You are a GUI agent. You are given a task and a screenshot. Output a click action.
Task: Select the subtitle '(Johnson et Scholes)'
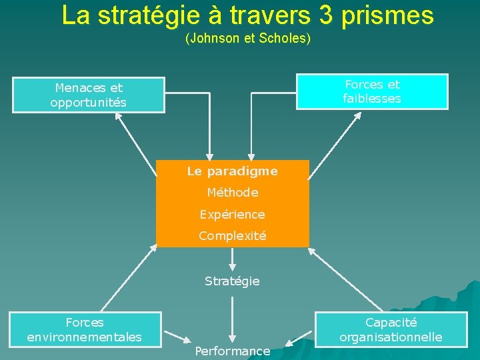click(248, 39)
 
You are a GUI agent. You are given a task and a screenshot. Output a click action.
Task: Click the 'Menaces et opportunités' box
click(89, 95)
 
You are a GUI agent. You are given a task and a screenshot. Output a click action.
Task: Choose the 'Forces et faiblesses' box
click(372, 91)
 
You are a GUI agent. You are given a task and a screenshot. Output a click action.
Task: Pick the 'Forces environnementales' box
click(84, 329)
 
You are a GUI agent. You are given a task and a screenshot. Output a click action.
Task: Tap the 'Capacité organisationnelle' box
click(391, 329)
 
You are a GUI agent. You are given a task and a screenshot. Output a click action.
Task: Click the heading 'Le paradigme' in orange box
click(232, 171)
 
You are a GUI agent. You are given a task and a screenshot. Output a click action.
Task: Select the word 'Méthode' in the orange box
click(232, 193)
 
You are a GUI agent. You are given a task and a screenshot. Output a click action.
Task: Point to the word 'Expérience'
click(232, 214)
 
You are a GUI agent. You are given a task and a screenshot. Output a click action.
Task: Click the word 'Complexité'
click(232, 235)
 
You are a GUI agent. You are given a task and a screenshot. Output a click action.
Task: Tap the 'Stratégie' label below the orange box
click(232, 281)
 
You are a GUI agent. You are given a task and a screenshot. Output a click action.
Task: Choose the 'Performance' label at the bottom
click(232, 351)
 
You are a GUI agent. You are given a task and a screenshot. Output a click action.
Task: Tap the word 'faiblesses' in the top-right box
click(372, 99)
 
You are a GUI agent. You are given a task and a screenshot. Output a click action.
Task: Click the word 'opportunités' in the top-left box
click(88, 103)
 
